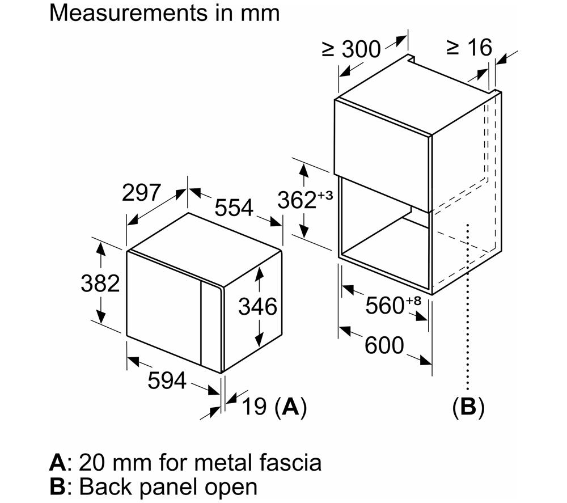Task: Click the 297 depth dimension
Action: click(141, 192)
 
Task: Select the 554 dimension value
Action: click(234, 208)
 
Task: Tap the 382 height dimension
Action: click(100, 283)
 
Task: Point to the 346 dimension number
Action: click(257, 307)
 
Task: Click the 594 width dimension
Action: click(167, 381)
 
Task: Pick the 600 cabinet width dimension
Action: click(384, 345)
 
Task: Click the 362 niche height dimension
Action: click(297, 200)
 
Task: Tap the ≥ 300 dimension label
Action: click(352, 49)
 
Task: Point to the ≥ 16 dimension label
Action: click(469, 48)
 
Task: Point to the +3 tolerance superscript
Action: click(325, 196)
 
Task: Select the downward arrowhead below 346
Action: click(259, 340)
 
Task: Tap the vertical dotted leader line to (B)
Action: click(468, 307)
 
